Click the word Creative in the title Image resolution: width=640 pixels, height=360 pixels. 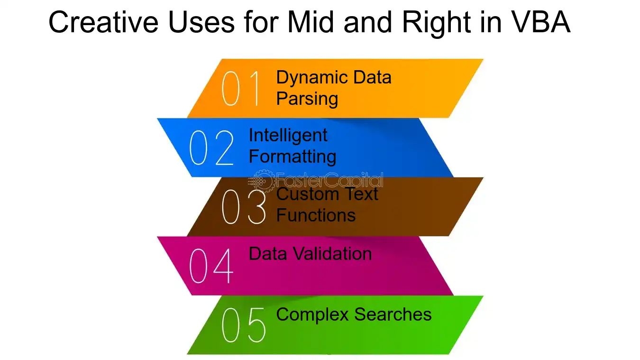pyautogui.click(x=103, y=22)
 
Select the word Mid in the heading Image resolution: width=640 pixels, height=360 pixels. pyautogui.click(x=311, y=22)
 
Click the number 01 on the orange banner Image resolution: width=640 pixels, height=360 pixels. pyautogui.click(x=241, y=88)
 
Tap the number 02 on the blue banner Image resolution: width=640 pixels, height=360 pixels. pyautogui.click(x=211, y=148)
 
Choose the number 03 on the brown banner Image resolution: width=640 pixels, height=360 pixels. pyautogui.click(x=244, y=207)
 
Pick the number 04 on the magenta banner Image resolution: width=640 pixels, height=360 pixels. pyautogui.click(x=211, y=266)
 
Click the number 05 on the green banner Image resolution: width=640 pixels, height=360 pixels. pyautogui.click(x=244, y=325)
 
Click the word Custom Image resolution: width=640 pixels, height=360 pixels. pyautogui.click(x=307, y=194)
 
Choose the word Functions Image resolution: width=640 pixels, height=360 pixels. pyautogui.click(x=316, y=215)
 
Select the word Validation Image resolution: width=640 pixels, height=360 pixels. pyautogui.click(x=333, y=253)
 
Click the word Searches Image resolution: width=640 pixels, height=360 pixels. pyautogui.click(x=393, y=314)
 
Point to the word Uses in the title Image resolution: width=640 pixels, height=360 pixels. pyautogui.click(x=201, y=22)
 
